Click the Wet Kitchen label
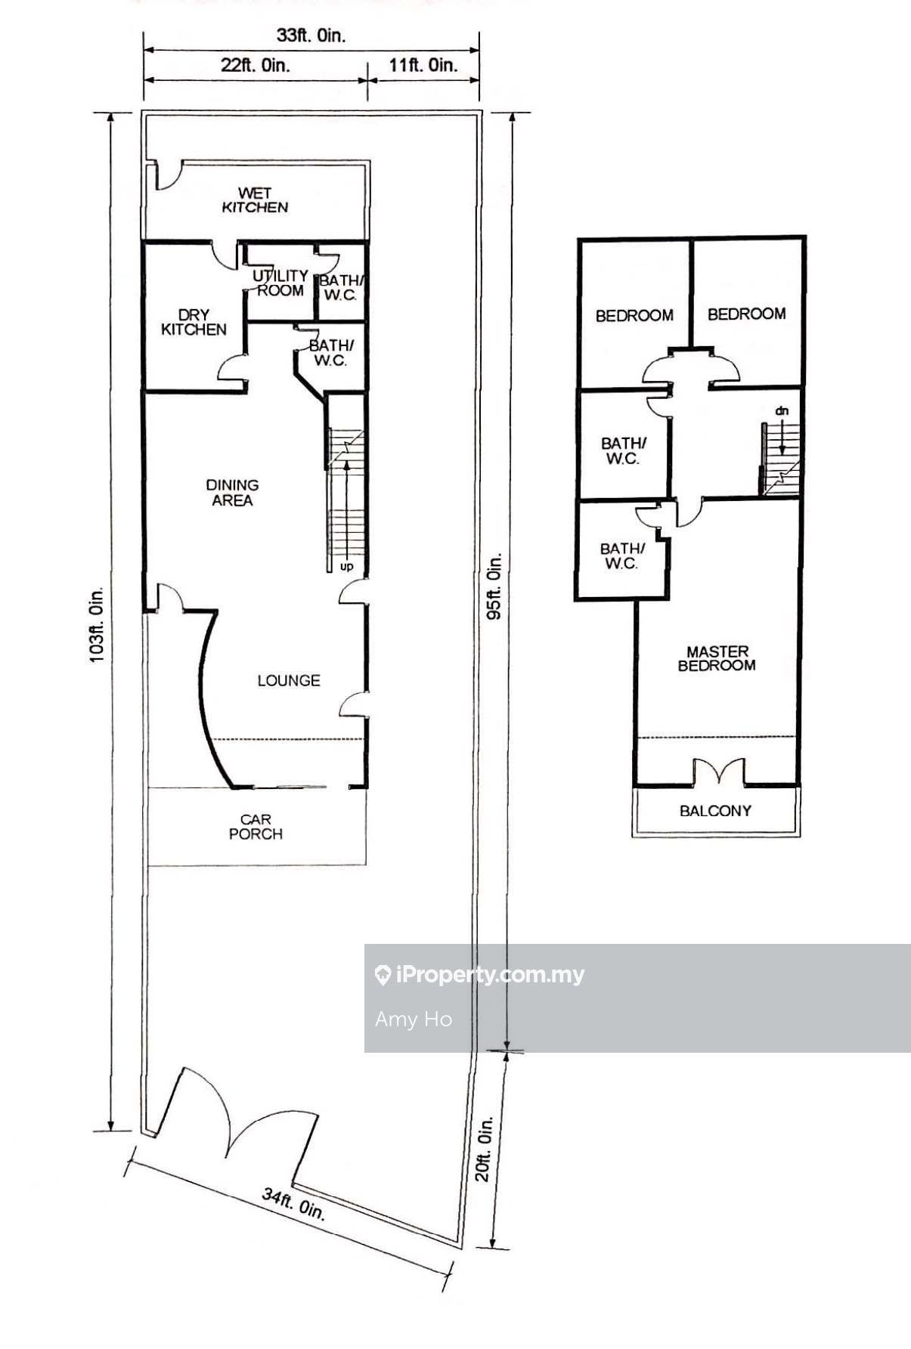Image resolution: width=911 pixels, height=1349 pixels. (255, 200)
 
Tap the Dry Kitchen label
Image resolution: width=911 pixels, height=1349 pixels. (194, 322)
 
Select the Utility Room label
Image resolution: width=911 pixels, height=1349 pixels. (280, 283)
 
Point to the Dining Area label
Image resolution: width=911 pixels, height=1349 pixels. (232, 493)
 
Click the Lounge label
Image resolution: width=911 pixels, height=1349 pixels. (289, 681)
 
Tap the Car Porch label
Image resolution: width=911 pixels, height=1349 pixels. (256, 827)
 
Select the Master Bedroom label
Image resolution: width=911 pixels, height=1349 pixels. (717, 658)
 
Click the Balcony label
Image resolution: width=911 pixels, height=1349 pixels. (715, 811)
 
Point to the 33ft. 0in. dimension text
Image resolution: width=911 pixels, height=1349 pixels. (311, 36)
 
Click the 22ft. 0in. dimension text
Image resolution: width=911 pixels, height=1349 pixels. (256, 65)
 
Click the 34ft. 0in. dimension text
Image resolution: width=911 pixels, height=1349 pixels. (294, 1205)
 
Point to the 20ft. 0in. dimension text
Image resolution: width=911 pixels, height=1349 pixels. (485, 1149)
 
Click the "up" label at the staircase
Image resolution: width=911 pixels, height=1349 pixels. (346, 566)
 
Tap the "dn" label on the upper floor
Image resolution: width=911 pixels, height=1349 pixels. (782, 410)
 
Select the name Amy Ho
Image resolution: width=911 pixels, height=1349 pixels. (414, 1019)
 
